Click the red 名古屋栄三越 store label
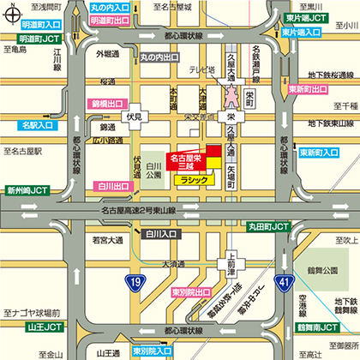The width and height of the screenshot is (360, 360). point(185,162)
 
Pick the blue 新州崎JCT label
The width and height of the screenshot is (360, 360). point(27,190)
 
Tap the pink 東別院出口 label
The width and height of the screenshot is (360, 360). point(190,268)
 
